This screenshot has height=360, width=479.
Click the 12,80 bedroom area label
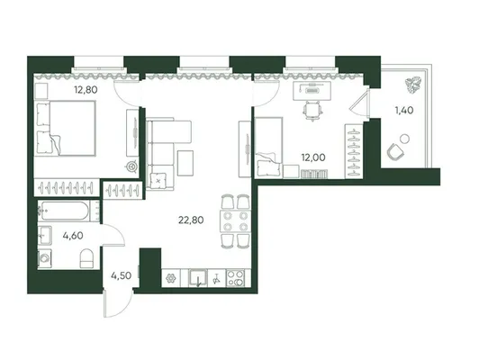click(86, 90)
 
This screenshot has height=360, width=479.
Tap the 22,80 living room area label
click(191, 220)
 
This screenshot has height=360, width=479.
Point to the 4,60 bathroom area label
click(73, 236)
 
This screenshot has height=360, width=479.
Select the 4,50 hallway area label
click(122, 275)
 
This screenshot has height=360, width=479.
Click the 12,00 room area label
click(313, 157)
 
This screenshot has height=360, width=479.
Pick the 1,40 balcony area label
click(404, 110)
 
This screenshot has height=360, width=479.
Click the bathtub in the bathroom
click(64, 211)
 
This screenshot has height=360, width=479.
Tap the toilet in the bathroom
click(86, 258)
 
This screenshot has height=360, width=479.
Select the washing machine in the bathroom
click(45, 259)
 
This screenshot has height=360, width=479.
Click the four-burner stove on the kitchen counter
click(236, 278)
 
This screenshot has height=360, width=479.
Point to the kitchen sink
click(198, 278)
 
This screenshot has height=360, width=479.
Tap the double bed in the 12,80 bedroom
click(65, 128)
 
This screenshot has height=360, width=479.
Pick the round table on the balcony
click(405, 139)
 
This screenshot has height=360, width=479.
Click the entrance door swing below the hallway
click(119, 303)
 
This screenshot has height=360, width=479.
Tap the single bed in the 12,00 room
click(268, 147)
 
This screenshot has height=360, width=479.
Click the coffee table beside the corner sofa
click(185, 163)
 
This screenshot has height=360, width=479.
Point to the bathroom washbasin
click(45, 235)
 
